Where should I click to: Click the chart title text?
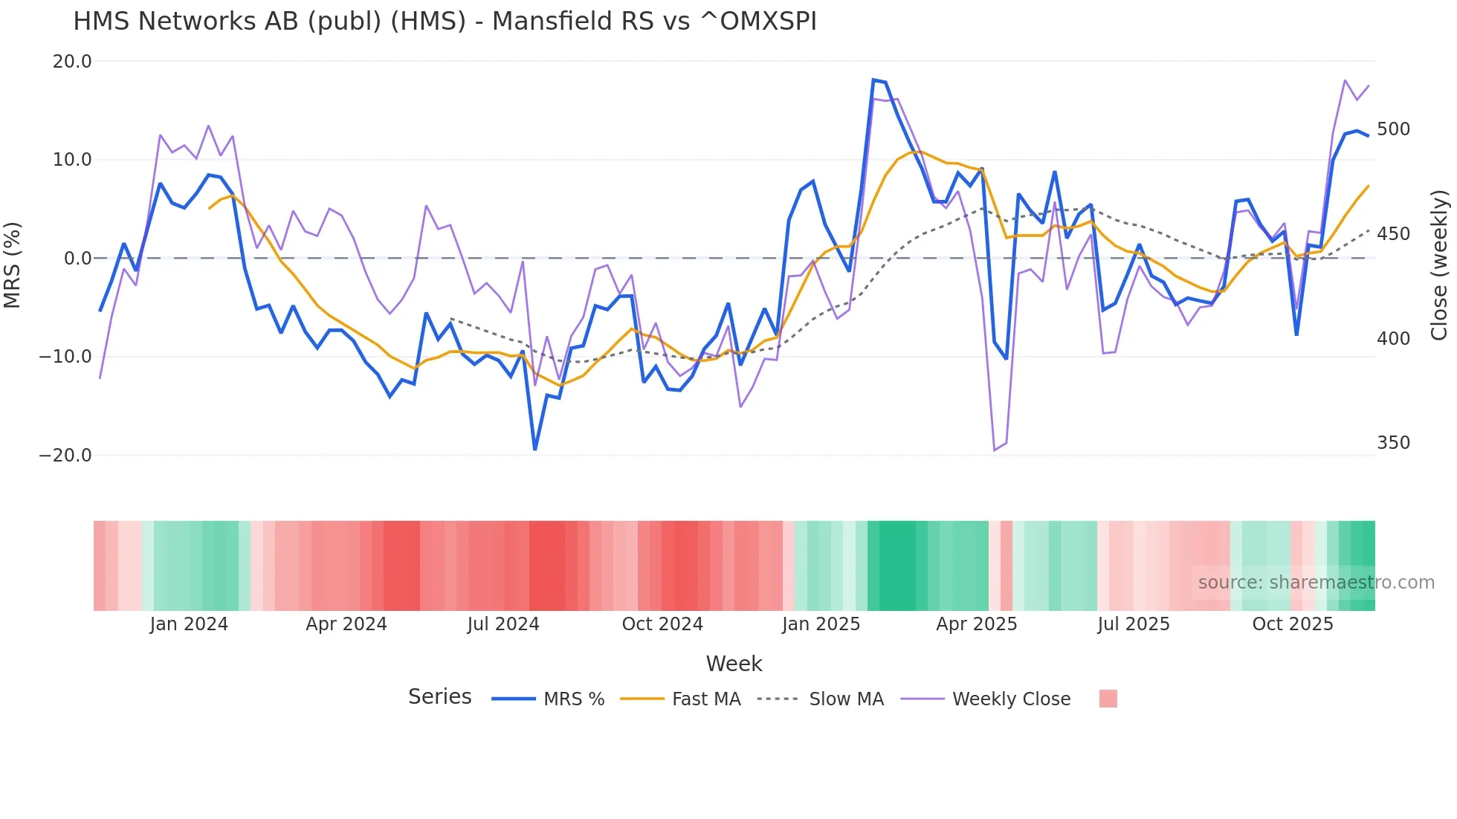pyautogui.click(x=445, y=22)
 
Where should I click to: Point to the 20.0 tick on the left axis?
pyautogui.click(x=72, y=62)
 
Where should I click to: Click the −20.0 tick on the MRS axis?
pyautogui.click(x=65, y=456)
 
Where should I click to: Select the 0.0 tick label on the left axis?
pyautogui.click(x=78, y=259)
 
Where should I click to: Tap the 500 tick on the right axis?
pyautogui.click(x=1393, y=129)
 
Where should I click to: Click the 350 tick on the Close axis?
pyautogui.click(x=1393, y=443)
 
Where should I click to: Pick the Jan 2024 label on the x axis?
pyautogui.click(x=189, y=624)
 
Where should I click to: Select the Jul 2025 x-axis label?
pyautogui.click(x=1133, y=624)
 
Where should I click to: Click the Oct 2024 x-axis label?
pyautogui.click(x=662, y=624)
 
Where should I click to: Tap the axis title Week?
pyautogui.click(x=734, y=664)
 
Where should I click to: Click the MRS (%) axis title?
pyautogui.click(x=13, y=265)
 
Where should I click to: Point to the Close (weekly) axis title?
pyautogui.click(x=1439, y=265)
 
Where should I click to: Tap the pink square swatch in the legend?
pyautogui.click(x=1108, y=699)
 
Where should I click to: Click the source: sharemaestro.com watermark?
pyautogui.click(x=1316, y=583)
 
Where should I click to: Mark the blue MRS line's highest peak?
pyautogui.click(x=873, y=80)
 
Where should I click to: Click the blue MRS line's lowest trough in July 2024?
pyautogui.click(x=534, y=450)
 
